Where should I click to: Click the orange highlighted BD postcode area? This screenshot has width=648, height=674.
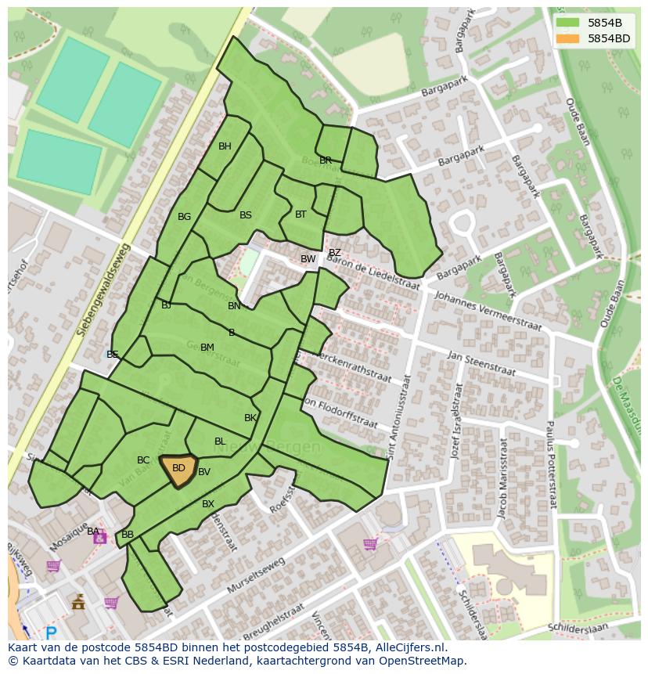(x=178, y=470)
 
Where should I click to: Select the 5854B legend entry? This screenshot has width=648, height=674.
(x=605, y=23)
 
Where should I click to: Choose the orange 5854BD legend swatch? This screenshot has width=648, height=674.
(x=569, y=38)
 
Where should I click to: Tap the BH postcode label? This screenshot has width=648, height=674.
(x=225, y=146)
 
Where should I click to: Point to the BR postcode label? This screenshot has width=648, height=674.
(x=326, y=160)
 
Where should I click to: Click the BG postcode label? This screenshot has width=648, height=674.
(x=184, y=217)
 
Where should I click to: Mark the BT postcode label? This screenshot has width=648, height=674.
(x=301, y=214)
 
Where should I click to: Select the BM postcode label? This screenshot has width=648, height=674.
(x=207, y=348)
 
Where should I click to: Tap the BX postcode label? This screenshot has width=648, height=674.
(x=207, y=504)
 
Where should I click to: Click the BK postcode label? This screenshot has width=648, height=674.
(x=250, y=418)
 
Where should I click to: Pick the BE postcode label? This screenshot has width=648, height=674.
(x=113, y=355)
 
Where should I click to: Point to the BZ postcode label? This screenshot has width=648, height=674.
(x=334, y=253)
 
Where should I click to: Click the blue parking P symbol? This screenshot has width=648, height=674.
(x=52, y=633)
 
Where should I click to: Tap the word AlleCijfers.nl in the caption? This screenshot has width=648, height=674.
(x=407, y=648)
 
